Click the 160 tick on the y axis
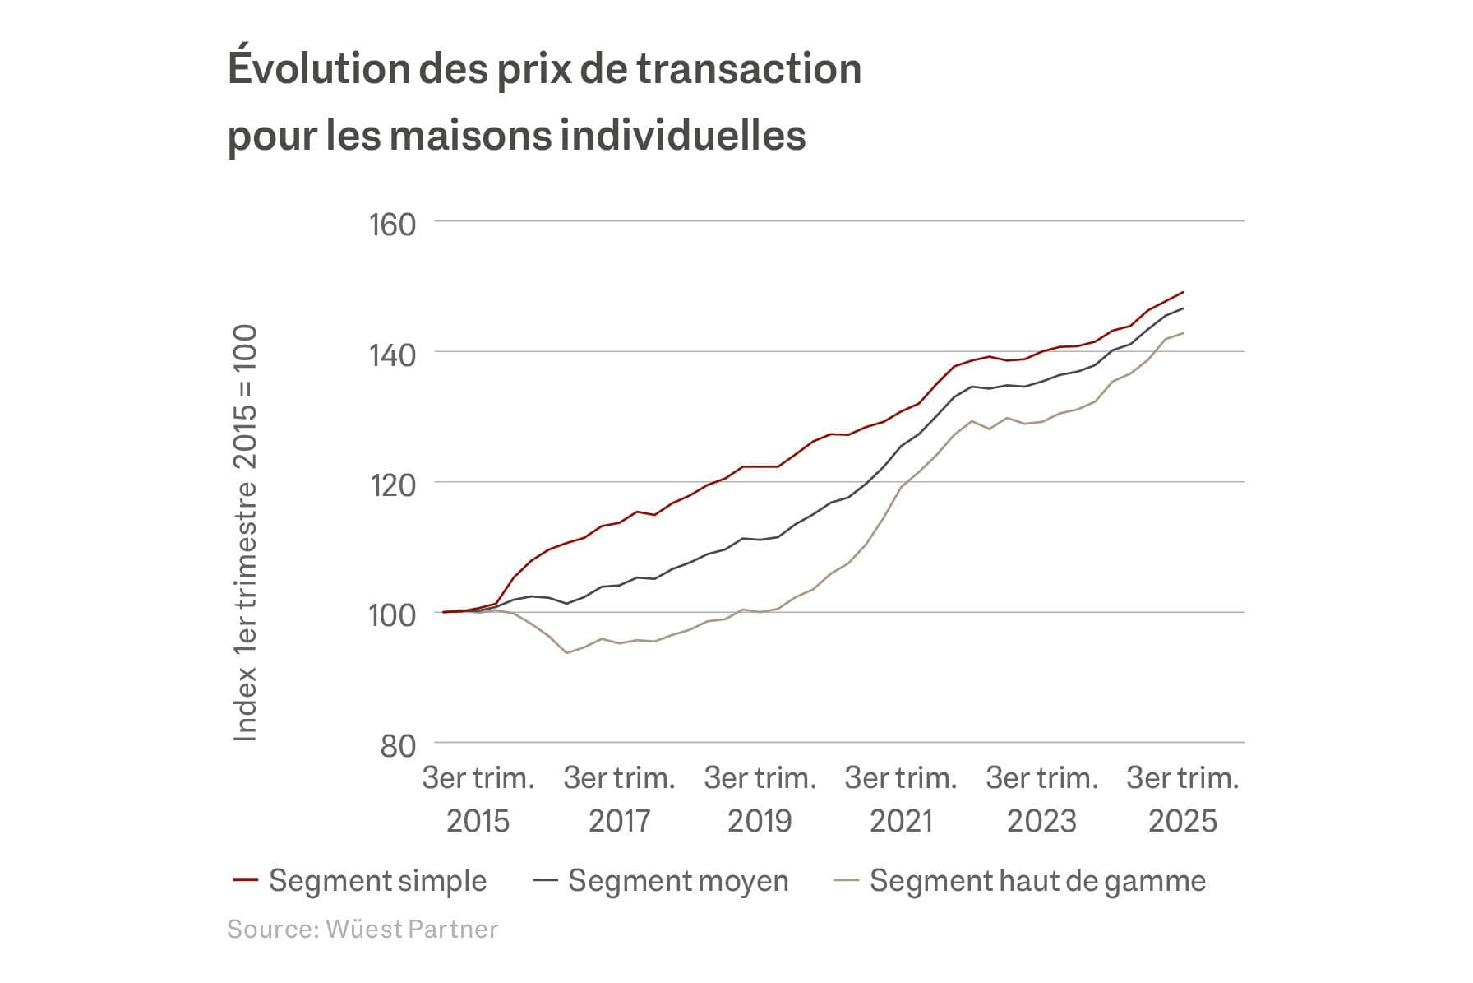[x=392, y=224]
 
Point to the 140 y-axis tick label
[x=392, y=355]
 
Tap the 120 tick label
[x=392, y=485]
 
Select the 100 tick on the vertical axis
[x=392, y=614]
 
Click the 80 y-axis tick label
[x=398, y=745]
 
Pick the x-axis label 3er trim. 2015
[x=478, y=799]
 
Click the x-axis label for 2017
[x=619, y=799]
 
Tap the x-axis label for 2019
[x=760, y=799]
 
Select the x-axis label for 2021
[x=901, y=799]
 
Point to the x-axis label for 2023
[x=1041, y=799]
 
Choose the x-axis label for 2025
[x=1182, y=799]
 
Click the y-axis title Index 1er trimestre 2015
[x=245, y=533]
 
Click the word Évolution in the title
[x=316, y=67]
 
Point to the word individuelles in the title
[x=682, y=134]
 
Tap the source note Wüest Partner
[x=362, y=929]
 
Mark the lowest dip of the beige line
[x=567, y=653]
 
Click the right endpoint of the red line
[x=1183, y=292]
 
